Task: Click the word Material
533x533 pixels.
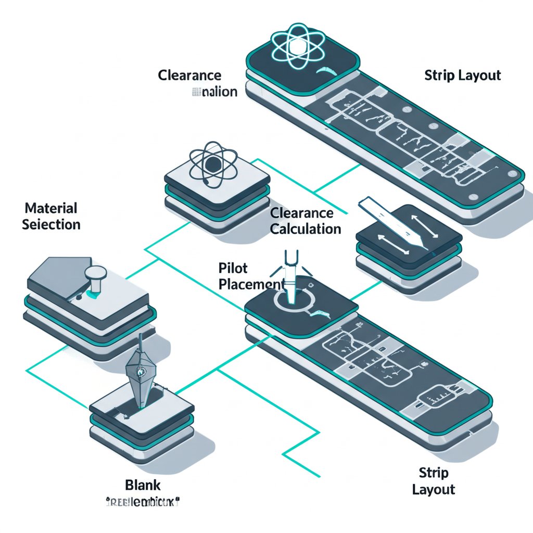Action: click(x=51, y=209)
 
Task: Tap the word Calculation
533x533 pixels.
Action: click(x=306, y=229)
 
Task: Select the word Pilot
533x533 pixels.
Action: click(x=234, y=269)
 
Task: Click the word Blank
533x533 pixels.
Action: click(x=143, y=485)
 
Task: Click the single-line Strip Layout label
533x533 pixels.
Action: click(x=462, y=75)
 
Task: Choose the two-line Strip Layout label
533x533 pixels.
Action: click(x=434, y=481)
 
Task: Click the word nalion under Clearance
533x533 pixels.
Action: click(x=219, y=92)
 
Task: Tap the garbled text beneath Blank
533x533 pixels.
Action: click(x=142, y=503)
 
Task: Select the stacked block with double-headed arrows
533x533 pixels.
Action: click(x=409, y=250)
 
